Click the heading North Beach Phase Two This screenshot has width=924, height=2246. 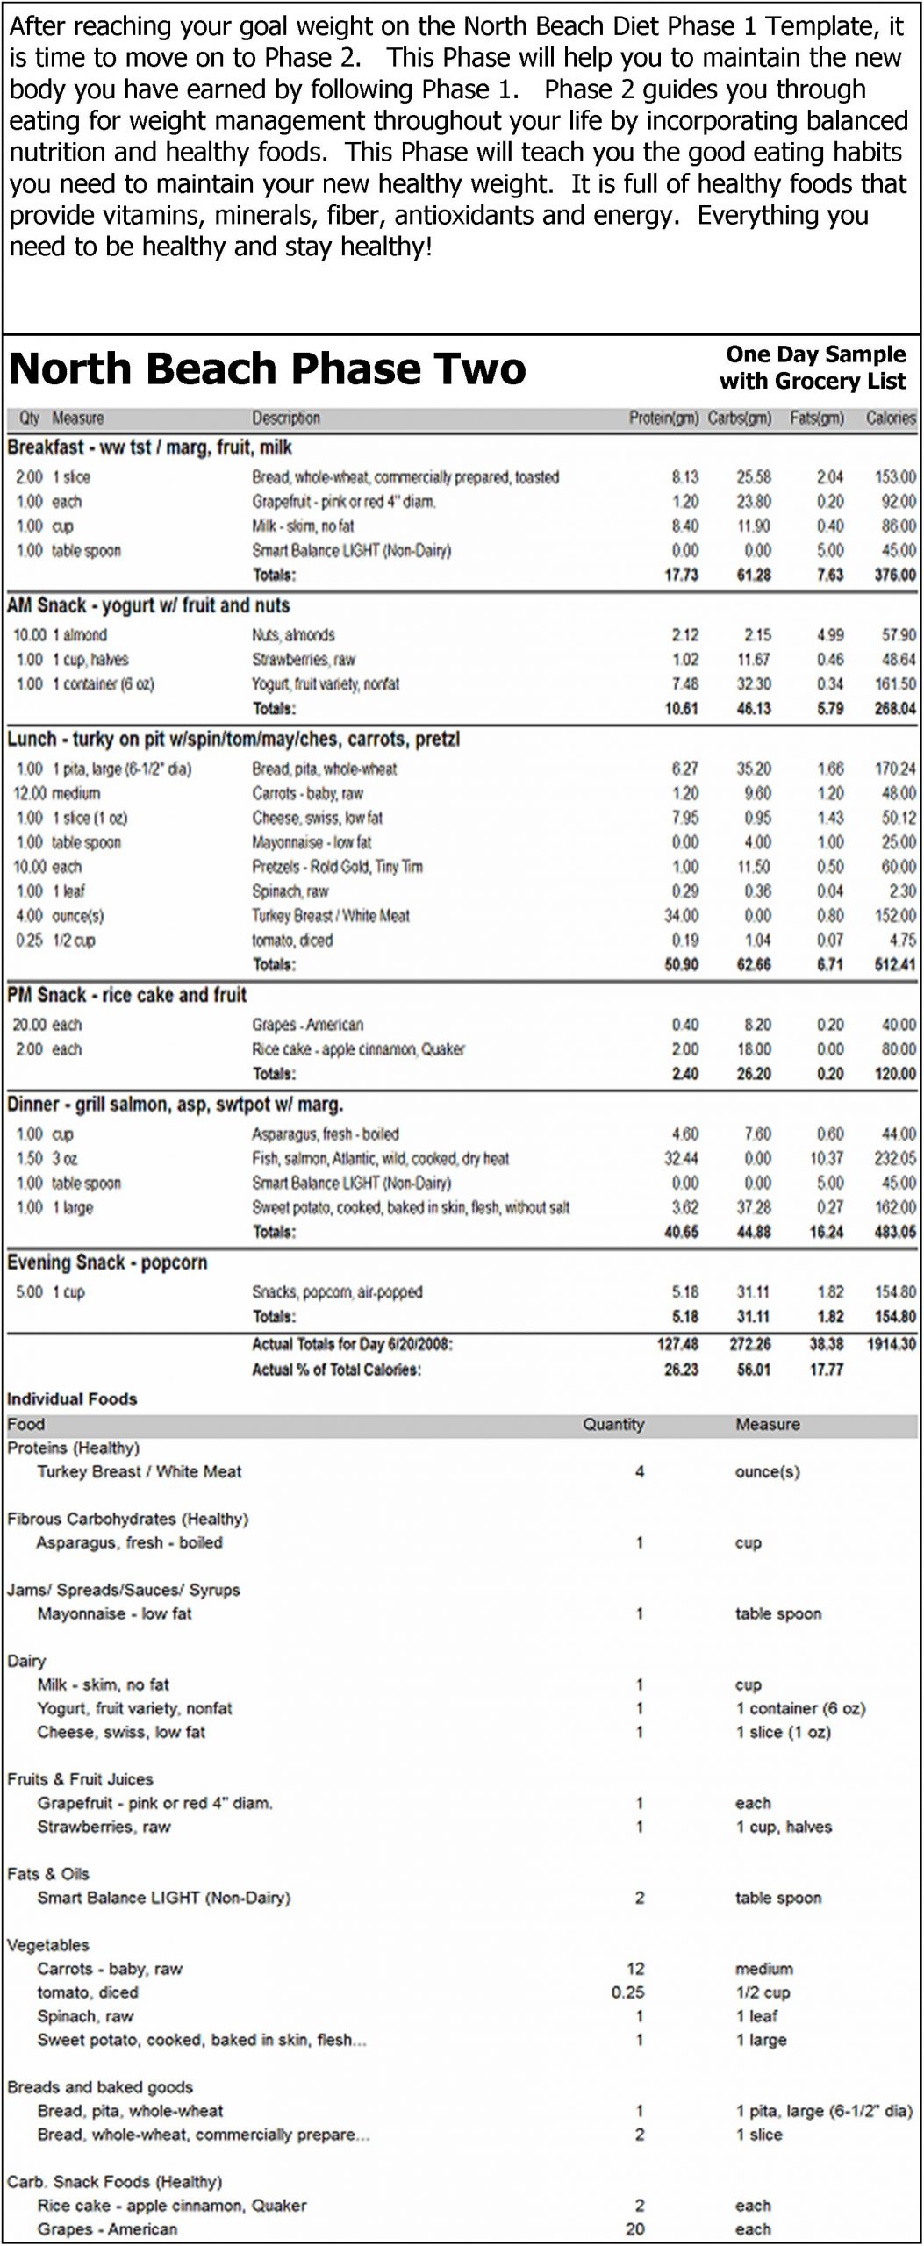coord(268,368)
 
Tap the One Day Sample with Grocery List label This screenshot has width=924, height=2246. coord(813,368)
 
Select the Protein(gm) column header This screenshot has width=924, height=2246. coord(663,418)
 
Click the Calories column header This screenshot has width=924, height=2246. coord(891,418)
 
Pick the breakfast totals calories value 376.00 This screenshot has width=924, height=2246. coord(894,576)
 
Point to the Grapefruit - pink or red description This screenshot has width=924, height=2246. coord(343,502)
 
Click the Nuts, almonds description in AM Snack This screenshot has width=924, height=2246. coord(293,635)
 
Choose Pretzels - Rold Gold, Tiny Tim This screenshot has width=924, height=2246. coord(337,867)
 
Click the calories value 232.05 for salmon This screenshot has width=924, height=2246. coord(894,1159)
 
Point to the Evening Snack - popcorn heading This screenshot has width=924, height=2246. coord(107,1263)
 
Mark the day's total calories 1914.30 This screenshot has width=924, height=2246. coord(892,1344)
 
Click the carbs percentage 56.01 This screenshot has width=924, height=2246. coord(753,1370)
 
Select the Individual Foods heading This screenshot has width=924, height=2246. coord(72,1399)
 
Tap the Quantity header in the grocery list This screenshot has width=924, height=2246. coord(613,1425)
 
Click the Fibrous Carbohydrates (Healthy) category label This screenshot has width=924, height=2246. coord(127,1520)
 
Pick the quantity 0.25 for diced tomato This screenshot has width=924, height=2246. coord(627,1992)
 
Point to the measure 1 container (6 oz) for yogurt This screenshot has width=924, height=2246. coord(800,1708)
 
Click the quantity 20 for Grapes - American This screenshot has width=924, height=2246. coord(634,2229)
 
